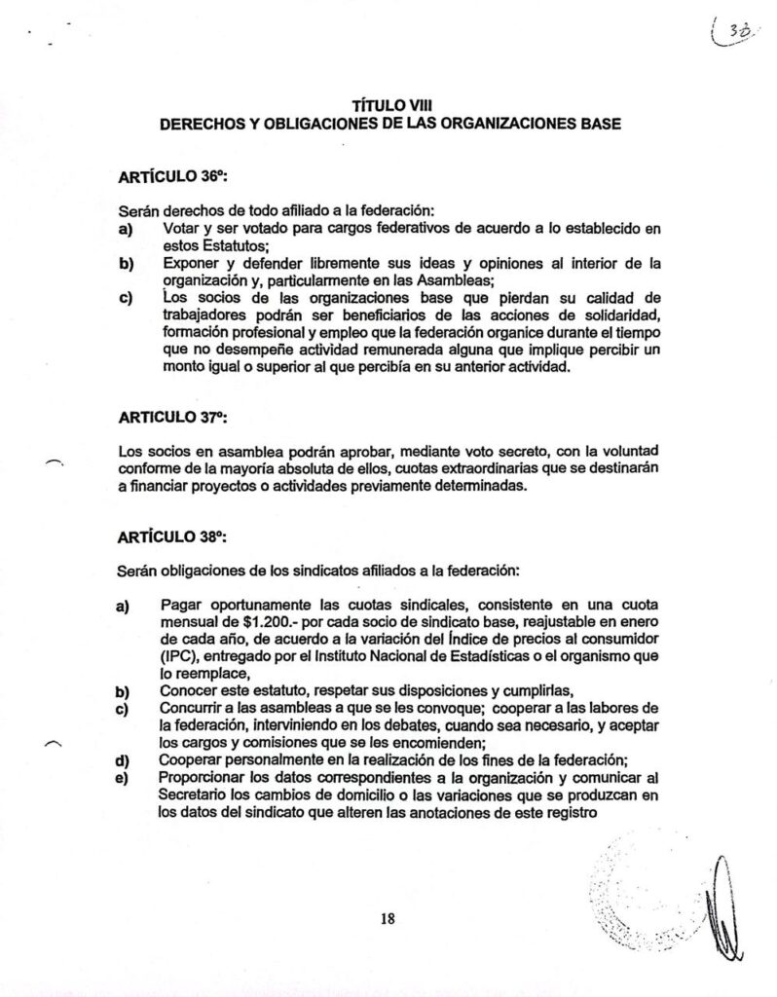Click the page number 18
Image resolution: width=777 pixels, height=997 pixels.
coord(388,916)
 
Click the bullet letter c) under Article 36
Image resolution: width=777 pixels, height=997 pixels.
coord(124,297)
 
